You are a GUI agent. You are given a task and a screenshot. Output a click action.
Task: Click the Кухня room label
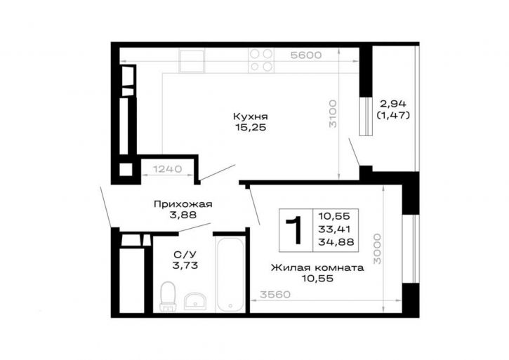click(x=250, y=116)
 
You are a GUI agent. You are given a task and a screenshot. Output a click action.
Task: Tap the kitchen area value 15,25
click(x=251, y=128)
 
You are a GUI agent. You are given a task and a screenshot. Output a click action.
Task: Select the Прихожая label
click(x=183, y=204)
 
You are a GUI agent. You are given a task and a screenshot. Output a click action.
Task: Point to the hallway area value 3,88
click(x=183, y=215)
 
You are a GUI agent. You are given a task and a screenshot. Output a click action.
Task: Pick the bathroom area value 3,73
click(x=185, y=265)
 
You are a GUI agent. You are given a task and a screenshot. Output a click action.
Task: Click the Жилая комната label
click(x=317, y=268)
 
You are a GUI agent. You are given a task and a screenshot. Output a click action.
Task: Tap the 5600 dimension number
click(x=306, y=55)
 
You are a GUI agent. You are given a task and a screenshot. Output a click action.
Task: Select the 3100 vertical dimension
click(x=333, y=114)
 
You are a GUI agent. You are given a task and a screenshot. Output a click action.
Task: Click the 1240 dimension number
click(x=168, y=169)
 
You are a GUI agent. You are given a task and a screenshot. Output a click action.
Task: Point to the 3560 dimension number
click(x=275, y=295)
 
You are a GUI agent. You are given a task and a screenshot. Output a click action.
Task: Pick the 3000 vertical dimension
click(x=377, y=248)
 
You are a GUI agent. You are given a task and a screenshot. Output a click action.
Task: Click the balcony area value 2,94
click(x=393, y=104)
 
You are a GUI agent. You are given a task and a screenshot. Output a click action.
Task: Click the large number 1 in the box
click(x=294, y=230)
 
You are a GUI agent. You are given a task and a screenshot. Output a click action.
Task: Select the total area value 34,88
click(x=336, y=242)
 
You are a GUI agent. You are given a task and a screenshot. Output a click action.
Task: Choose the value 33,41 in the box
click(x=334, y=229)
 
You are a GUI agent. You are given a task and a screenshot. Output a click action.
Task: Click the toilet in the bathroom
click(x=168, y=296)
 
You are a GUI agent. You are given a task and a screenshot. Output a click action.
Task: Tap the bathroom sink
click(x=194, y=301)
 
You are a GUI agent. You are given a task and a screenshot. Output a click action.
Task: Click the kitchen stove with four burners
click(x=261, y=60)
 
